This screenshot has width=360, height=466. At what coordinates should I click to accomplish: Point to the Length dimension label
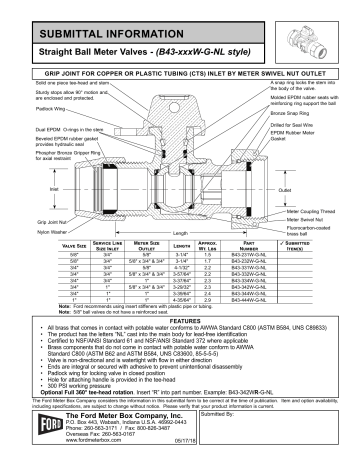(x=177, y=234)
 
